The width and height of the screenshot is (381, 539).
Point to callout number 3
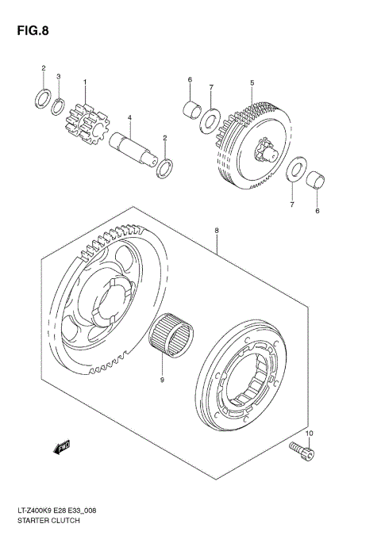(58, 76)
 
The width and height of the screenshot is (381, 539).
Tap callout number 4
(129, 119)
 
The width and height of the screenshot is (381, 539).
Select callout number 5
(252, 82)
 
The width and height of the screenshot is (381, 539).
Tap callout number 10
(310, 433)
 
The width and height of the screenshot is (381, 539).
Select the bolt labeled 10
(302, 452)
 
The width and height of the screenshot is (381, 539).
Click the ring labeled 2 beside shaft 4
(165, 168)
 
